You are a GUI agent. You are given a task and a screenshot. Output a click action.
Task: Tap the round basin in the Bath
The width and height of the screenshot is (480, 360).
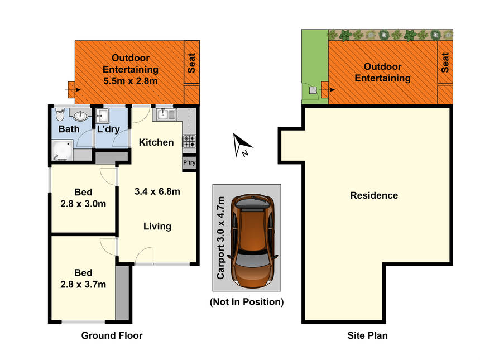[80, 116]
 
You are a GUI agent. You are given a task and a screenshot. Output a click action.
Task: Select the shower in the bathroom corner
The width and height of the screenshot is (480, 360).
[63, 150]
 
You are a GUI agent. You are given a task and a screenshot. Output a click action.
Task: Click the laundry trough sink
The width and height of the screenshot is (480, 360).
[102, 116]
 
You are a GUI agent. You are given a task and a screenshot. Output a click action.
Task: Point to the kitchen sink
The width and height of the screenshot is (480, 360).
[166, 114]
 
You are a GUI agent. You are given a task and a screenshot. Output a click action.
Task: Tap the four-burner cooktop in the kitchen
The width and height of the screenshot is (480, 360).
[189, 141]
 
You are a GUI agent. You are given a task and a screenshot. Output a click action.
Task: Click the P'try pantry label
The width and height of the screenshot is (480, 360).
[189, 162]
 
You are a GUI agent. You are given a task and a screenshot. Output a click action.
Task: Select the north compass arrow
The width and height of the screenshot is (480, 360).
[241, 145]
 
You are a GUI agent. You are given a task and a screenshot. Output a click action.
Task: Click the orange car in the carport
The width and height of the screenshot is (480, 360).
[253, 241]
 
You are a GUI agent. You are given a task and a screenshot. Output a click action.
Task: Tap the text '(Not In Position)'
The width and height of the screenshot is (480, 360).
[247, 302]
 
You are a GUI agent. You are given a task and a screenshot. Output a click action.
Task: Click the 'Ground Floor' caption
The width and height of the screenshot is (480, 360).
[112, 335]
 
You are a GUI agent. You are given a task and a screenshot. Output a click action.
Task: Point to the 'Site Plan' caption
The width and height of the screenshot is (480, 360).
[367, 335]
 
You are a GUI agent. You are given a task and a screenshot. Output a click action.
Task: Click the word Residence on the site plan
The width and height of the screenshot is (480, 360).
[374, 195]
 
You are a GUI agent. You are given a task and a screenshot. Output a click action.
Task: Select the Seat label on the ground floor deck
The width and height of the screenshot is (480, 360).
[191, 63]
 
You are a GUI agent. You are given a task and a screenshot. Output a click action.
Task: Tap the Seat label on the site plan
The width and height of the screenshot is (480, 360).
[445, 63]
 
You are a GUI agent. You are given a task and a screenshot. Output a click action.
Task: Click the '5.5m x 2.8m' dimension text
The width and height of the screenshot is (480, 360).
[131, 81]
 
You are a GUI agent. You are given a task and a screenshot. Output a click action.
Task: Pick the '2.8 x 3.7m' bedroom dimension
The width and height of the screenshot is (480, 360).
[83, 285]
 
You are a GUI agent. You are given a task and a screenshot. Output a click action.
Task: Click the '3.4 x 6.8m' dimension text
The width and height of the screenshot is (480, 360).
[157, 191]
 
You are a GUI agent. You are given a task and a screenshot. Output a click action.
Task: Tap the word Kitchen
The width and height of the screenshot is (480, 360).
[156, 142]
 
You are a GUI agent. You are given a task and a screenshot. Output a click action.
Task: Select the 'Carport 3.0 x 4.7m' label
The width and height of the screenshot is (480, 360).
[220, 238]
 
